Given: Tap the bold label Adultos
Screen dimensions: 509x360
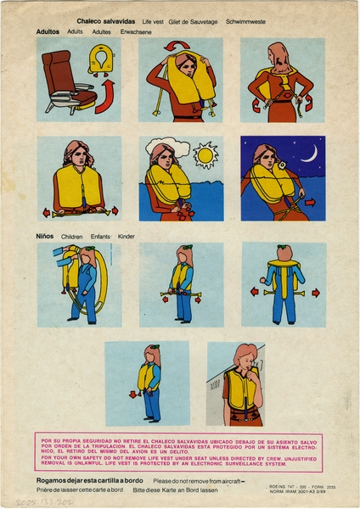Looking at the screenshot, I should [48, 31].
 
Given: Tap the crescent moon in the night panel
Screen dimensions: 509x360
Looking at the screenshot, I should [311, 153].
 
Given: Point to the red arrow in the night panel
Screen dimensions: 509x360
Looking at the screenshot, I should [310, 203].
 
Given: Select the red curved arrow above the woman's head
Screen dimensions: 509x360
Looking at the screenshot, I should [177, 46].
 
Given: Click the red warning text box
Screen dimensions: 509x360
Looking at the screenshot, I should [179, 453].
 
